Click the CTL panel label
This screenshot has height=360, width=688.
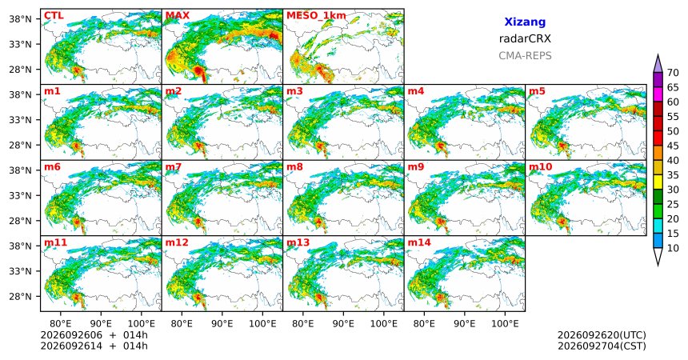pyautogui.click(x=54, y=16)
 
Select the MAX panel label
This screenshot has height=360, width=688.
pyautogui.click(x=178, y=16)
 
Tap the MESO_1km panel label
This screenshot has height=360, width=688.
pyautogui.click(x=316, y=16)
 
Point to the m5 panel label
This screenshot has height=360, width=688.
pyautogui.click(x=537, y=91)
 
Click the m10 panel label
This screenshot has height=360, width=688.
pyautogui.click(x=540, y=167)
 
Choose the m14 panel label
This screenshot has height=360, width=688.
pyautogui.click(x=419, y=242)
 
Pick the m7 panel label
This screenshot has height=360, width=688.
pyautogui.click(x=174, y=167)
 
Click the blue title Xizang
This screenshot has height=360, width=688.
pyautogui.click(x=525, y=22)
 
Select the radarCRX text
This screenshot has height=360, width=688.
pyautogui.click(x=525, y=38)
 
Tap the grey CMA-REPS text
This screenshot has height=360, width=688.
pyautogui.click(x=525, y=56)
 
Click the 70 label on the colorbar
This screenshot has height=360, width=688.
pyautogui.click(x=673, y=73)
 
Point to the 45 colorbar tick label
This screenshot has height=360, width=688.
pyautogui.click(x=673, y=146)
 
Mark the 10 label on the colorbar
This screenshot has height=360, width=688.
pyautogui.click(x=673, y=248)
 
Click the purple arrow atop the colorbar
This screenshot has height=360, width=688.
pyautogui.click(x=658, y=63)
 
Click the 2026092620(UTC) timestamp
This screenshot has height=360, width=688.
pyautogui.click(x=602, y=336)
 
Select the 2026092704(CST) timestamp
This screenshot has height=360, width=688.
pyautogui.click(x=602, y=346)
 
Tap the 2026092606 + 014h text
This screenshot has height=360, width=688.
pyautogui.click(x=94, y=335)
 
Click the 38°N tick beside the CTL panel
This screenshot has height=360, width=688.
pyautogui.click(x=20, y=19)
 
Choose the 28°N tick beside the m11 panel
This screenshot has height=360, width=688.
pyautogui.click(x=20, y=296)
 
